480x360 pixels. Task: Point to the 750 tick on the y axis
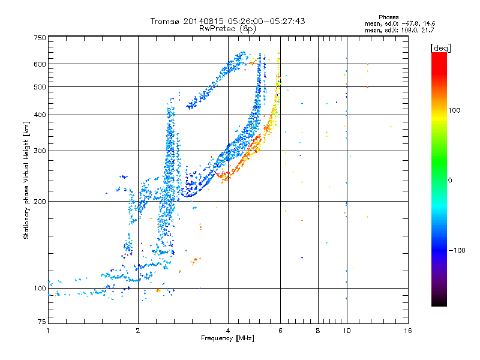coord(40,38)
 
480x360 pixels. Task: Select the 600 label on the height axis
coord(40,64)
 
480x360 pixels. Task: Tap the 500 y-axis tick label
coord(40,87)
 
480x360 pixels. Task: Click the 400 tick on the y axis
coord(40,115)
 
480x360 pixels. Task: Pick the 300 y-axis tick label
coord(40,151)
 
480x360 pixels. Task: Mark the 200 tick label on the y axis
coord(40,202)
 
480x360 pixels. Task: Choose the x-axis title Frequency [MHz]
coord(227,339)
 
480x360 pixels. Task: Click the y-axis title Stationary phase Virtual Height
coord(26,181)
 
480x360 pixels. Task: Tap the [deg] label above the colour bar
coord(441,47)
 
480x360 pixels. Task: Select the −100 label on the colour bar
coord(457,250)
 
